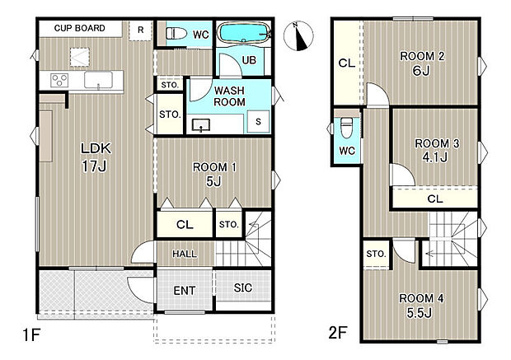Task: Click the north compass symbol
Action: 298,36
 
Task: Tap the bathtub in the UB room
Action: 245,32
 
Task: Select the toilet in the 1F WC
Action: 176,34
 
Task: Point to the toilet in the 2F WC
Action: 346,128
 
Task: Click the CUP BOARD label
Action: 79,28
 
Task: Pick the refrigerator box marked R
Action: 140,30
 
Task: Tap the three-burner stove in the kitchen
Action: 59,80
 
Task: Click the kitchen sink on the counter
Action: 98,80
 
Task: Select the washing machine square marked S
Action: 258,122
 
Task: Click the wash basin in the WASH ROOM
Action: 201,125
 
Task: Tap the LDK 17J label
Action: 96,157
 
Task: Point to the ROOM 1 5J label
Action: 214,175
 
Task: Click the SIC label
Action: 243,288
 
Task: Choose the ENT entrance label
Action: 185,290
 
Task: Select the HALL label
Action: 185,254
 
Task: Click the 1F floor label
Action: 31,334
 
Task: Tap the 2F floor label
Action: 338,333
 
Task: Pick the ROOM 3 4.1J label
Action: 436,150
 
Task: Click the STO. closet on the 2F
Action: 376,254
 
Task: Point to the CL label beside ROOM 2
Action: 346,63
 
